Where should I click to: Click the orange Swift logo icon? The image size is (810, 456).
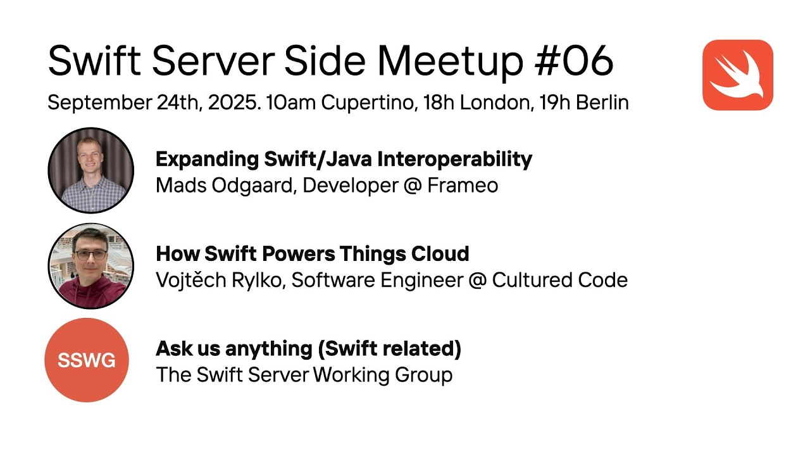coord(737,75)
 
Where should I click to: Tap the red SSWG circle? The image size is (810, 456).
coord(87,360)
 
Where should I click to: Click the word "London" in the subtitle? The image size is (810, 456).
coord(494,103)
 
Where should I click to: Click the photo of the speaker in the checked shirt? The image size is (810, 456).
coord(91,170)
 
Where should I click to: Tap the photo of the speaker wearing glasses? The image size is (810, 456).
coord(91,266)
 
